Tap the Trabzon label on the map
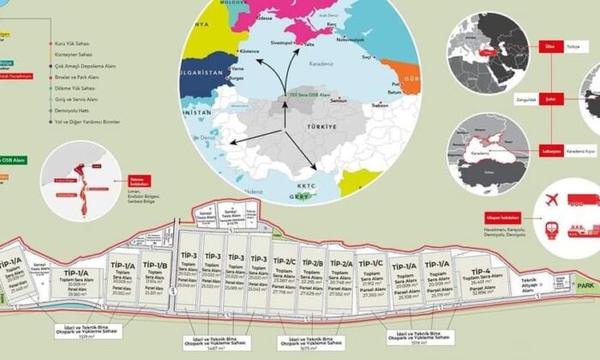(x=381, y=105)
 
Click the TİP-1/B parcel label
(x=154, y=266)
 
